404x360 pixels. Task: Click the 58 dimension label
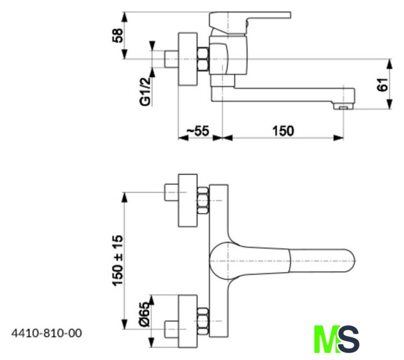pos(117,35)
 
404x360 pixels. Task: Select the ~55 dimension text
pos(197,130)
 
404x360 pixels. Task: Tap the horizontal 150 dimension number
pos(283,130)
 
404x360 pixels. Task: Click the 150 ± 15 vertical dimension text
pos(117,260)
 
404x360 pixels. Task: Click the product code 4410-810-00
pos(46,333)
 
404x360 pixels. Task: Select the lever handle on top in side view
pos(250,19)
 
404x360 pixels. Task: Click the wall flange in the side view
pos(188,58)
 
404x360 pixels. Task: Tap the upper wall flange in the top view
pos(188,200)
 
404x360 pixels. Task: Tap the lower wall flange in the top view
pos(188,319)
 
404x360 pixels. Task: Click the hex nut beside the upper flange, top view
pos(203,200)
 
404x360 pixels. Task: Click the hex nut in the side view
pos(203,59)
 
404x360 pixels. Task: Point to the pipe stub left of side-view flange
pos(171,58)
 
